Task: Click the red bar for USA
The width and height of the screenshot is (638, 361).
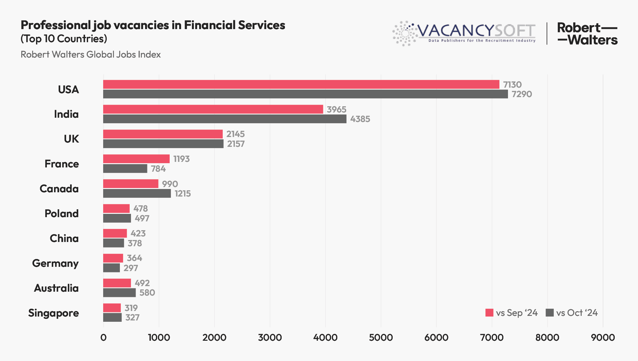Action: pyautogui.click(x=301, y=84)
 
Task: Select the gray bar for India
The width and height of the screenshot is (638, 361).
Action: pyautogui.click(x=225, y=119)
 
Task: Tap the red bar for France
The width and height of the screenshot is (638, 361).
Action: pyautogui.click(x=136, y=159)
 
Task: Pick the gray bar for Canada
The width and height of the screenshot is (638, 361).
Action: pyautogui.click(x=137, y=194)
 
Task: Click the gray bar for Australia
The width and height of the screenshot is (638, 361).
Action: pyautogui.click(x=119, y=293)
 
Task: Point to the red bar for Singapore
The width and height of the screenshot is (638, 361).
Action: pyautogui.click(x=112, y=308)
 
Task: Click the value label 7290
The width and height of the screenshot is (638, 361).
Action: pyautogui.click(x=522, y=94)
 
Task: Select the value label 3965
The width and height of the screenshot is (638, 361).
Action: pyautogui.click(x=336, y=109)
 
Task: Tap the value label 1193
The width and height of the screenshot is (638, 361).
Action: pyautogui.click(x=181, y=159)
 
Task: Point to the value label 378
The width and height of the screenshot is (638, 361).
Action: pyautogui.click(x=135, y=243)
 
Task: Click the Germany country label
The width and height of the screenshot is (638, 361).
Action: pyautogui.click(x=55, y=263)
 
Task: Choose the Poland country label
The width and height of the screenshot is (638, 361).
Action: pyautogui.click(x=62, y=214)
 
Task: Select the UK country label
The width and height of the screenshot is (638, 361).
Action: pyautogui.click(x=71, y=139)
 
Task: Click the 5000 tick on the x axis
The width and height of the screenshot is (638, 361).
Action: pyautogui.click(x=381, y=337)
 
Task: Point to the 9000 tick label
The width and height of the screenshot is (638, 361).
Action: pyautogui.click(x=603, y=337)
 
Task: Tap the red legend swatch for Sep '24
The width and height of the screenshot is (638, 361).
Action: pyautogui.click(x=489, y=313)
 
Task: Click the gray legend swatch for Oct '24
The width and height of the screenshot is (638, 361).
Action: pyautogui.click(x=550, y=313)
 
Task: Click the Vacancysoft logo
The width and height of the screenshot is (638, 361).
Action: pyautogui.click(x=464, y=33)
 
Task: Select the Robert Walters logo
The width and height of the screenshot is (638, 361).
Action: pyautogui.click(x=587, y=33)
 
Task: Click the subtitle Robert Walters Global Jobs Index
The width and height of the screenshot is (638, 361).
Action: pyautogui.click(x=91, y=54)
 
